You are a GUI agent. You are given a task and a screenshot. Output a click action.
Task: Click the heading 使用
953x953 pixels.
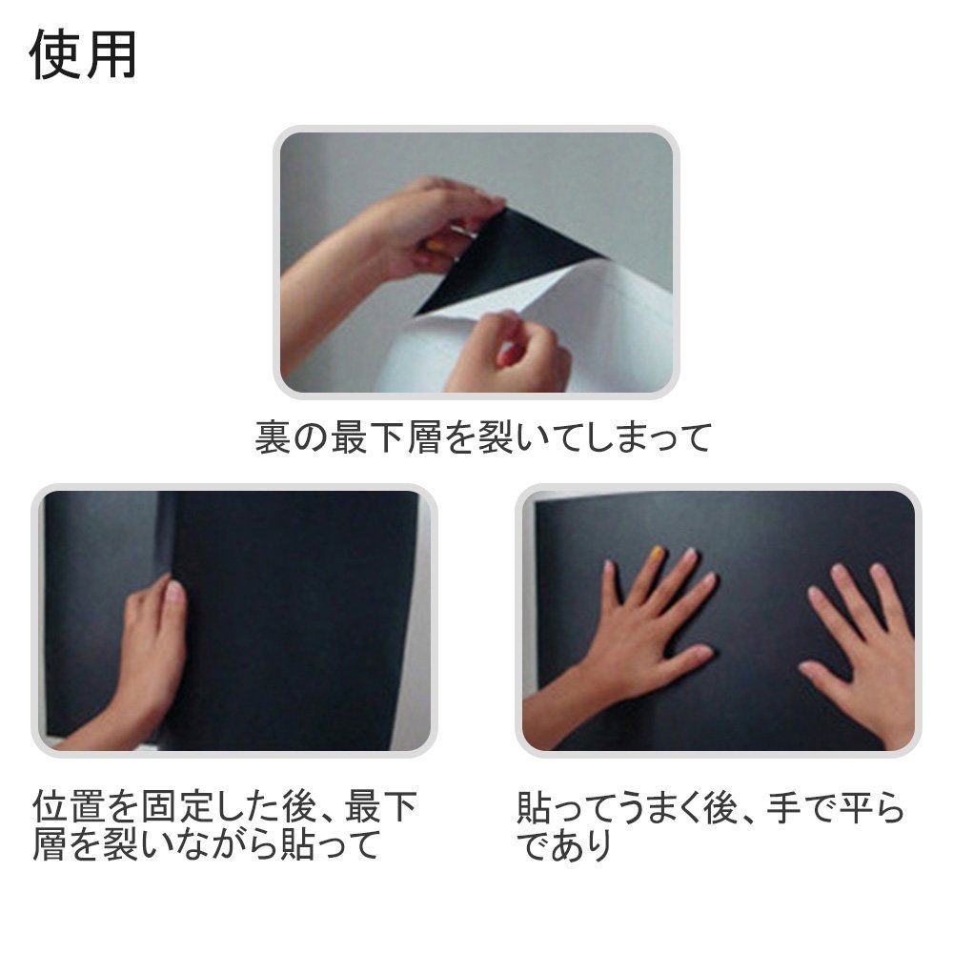(x=83, y=55)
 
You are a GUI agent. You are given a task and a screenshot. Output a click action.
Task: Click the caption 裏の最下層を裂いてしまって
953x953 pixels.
(x=483, y=437)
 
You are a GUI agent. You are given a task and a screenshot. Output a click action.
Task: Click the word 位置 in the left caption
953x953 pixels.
(x=70, y=807)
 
